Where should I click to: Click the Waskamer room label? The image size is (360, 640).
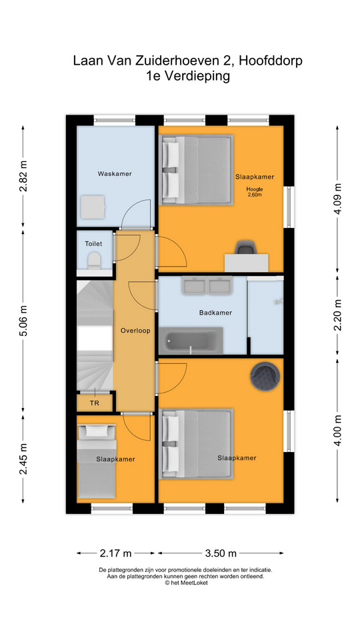tap(115, 173)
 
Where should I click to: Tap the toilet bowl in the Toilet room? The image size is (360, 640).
tap(94, 259)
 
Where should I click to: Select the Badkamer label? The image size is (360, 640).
tap(215, 313)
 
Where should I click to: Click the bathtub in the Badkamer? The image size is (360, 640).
tap(191, 341)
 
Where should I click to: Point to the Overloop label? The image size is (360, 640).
tap(135, 331)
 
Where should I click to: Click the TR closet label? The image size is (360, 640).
tap(95, 403)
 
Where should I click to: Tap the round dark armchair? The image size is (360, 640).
tap(265, 376)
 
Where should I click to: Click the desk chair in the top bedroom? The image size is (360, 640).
tap(247, 248)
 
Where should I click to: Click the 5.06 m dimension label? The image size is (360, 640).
tap(24, 321)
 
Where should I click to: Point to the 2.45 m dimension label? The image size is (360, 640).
tap(24, 459)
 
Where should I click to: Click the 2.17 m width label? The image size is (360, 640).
tap(115, 553)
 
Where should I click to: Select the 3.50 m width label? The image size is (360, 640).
tap(221, 553)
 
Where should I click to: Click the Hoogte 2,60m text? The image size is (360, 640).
tap(254, 192)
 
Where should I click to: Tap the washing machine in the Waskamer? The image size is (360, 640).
tap(92, 207)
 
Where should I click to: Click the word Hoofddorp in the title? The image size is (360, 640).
tap(271, 61)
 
